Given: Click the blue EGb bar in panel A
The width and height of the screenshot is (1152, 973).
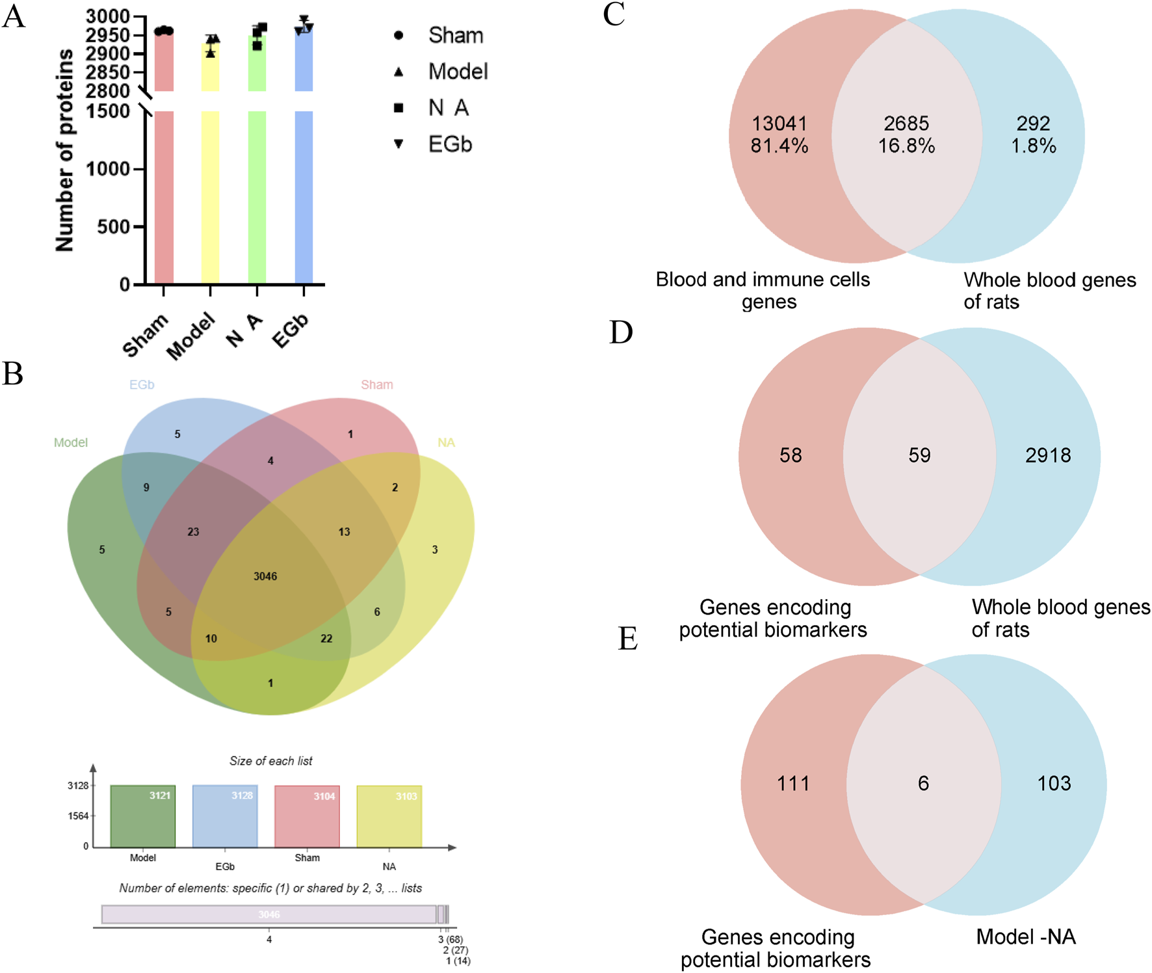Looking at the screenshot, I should click(x=304, y=195).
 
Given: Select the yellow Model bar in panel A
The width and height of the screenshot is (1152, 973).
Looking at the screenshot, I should click(x=210, y=195).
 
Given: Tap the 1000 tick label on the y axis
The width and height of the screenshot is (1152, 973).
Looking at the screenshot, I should click(x=108, y=169).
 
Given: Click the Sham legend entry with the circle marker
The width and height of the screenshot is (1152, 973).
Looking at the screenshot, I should click(x=455, y=35).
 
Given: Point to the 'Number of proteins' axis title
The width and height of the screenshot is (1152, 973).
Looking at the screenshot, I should click(x=64, y=150).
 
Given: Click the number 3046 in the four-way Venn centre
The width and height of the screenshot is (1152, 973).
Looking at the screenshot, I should click(x=265, y=576).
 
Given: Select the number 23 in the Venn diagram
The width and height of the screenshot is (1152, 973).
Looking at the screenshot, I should click(x=193, y=531).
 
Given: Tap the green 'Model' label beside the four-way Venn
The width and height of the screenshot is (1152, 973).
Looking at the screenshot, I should click(x=71, y=443).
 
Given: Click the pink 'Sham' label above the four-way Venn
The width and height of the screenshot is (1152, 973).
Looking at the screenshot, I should click(x=377, y=385).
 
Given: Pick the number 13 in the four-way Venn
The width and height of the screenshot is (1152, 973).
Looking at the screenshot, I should click(x=344, y=531).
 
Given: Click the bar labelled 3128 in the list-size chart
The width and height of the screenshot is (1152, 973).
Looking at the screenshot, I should click(x=225, y=816).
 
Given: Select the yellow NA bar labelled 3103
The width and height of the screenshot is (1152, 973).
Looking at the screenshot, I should click(x=389, y=816).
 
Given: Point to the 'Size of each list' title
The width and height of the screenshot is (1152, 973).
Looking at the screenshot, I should click(x=270, y=761).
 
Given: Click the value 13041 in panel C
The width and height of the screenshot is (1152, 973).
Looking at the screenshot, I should click(x=779, y=123).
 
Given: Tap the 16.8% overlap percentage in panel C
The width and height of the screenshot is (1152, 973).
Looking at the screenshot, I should click(x=906, y=146).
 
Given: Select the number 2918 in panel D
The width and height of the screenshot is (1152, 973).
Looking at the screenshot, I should click(x=1048, y=455).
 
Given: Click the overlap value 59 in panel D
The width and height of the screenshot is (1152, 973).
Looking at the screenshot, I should click(x=919, y=455).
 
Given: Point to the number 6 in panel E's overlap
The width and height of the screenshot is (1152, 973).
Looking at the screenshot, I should click(x=923, y=783).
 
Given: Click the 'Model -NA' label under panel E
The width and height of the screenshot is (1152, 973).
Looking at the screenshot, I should click(x=1026, y=937).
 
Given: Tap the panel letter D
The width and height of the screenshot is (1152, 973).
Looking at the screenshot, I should click(x=621, y=332).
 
